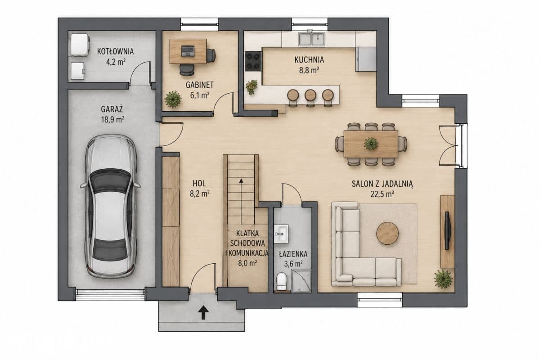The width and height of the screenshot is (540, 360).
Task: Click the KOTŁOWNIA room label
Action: point(115,51)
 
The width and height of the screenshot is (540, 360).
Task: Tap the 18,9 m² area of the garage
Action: point(112,120)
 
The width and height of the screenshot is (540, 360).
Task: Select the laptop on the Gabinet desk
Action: point(188,51)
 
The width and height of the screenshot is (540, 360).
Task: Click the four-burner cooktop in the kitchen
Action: point(253,61)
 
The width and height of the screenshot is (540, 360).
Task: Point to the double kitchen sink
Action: point(312,39)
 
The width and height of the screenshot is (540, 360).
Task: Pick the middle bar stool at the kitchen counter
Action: point(310,97)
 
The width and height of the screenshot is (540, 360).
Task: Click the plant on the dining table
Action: point(371,144)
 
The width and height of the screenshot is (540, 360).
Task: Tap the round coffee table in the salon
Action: point(387,234)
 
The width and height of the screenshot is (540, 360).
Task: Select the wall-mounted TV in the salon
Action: point(447,230)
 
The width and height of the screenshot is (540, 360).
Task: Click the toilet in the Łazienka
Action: point(281,281)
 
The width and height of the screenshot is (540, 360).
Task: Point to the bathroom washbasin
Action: point(281,234)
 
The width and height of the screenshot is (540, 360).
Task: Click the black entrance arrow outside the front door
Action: point(203,312)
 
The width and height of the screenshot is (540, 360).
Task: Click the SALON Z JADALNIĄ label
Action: point(382,184)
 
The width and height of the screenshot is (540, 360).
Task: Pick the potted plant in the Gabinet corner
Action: point(173,99)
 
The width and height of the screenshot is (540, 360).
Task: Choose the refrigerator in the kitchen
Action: point(366,59)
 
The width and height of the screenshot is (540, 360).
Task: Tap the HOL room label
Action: point(199,184)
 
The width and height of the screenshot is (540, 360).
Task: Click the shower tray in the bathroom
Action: point(301,281)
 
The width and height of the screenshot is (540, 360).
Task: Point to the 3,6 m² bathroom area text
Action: point(293,264)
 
